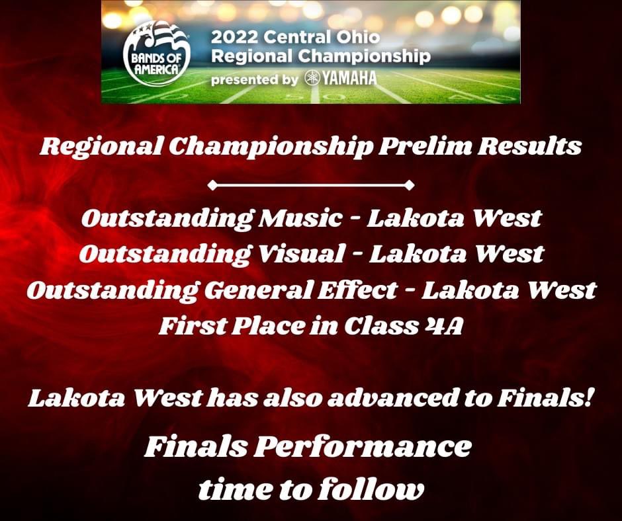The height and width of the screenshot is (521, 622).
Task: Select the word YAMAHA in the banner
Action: coord(349,79)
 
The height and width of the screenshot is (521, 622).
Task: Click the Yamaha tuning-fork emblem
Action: coord(312,79)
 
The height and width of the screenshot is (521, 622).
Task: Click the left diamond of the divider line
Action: coord(212,185)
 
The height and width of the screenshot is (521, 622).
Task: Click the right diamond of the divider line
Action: coord(410,185)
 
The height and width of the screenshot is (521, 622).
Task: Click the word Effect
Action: coord(365,290)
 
